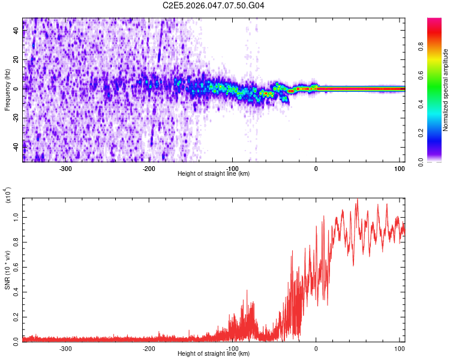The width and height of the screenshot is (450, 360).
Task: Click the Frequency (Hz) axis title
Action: [x=7, y=89]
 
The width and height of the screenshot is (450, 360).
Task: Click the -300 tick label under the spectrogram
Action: [x=66, y=169]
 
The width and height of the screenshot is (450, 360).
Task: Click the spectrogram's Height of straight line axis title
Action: [x=214, y=174]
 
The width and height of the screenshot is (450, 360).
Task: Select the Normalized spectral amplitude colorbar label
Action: [x=446, y=90]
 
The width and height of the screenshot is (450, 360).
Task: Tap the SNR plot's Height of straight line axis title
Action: [x=214, y=354]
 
